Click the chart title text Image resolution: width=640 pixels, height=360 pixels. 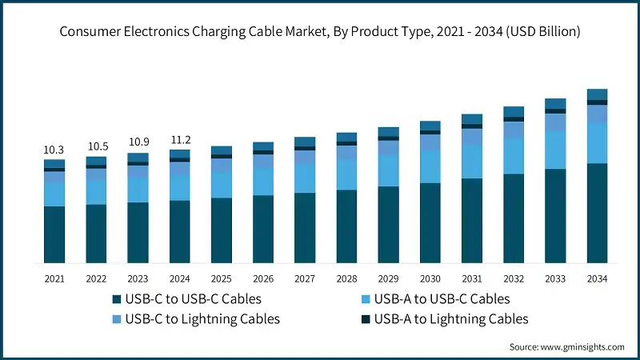click(x=320, y=32)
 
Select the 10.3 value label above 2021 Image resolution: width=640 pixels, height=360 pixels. click(x=54, y=150)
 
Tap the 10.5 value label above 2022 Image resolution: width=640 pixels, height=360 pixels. click(x=96, y=146)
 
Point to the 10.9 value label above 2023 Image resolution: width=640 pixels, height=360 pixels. click(x=138, y=142)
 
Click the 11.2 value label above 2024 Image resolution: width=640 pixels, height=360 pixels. click(x=179, y=139)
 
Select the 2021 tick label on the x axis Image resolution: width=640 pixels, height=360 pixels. click(x=54, y=278)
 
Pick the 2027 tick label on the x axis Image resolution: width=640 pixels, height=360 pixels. click(x=305, y=278)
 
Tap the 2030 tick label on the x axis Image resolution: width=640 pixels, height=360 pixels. click(x=430, y=278)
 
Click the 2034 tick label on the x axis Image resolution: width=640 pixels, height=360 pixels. click(x=597, y=278)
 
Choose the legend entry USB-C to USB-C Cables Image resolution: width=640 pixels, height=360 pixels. click(x=192, y=299)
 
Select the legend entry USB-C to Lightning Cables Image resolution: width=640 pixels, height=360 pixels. click(x=201, y=319)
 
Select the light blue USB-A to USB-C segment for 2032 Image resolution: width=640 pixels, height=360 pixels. click(x=514, y=155)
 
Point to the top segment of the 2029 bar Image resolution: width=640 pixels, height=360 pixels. click(x=388, y=131)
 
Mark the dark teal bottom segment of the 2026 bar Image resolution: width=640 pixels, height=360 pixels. click(x=263, y=229)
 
